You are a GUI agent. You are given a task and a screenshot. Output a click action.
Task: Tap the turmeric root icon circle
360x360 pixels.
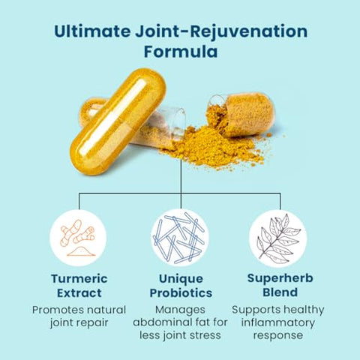79,237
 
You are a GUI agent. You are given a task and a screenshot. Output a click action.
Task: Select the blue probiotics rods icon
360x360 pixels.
180,237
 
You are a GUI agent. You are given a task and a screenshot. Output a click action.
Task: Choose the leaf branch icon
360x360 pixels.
278,237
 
